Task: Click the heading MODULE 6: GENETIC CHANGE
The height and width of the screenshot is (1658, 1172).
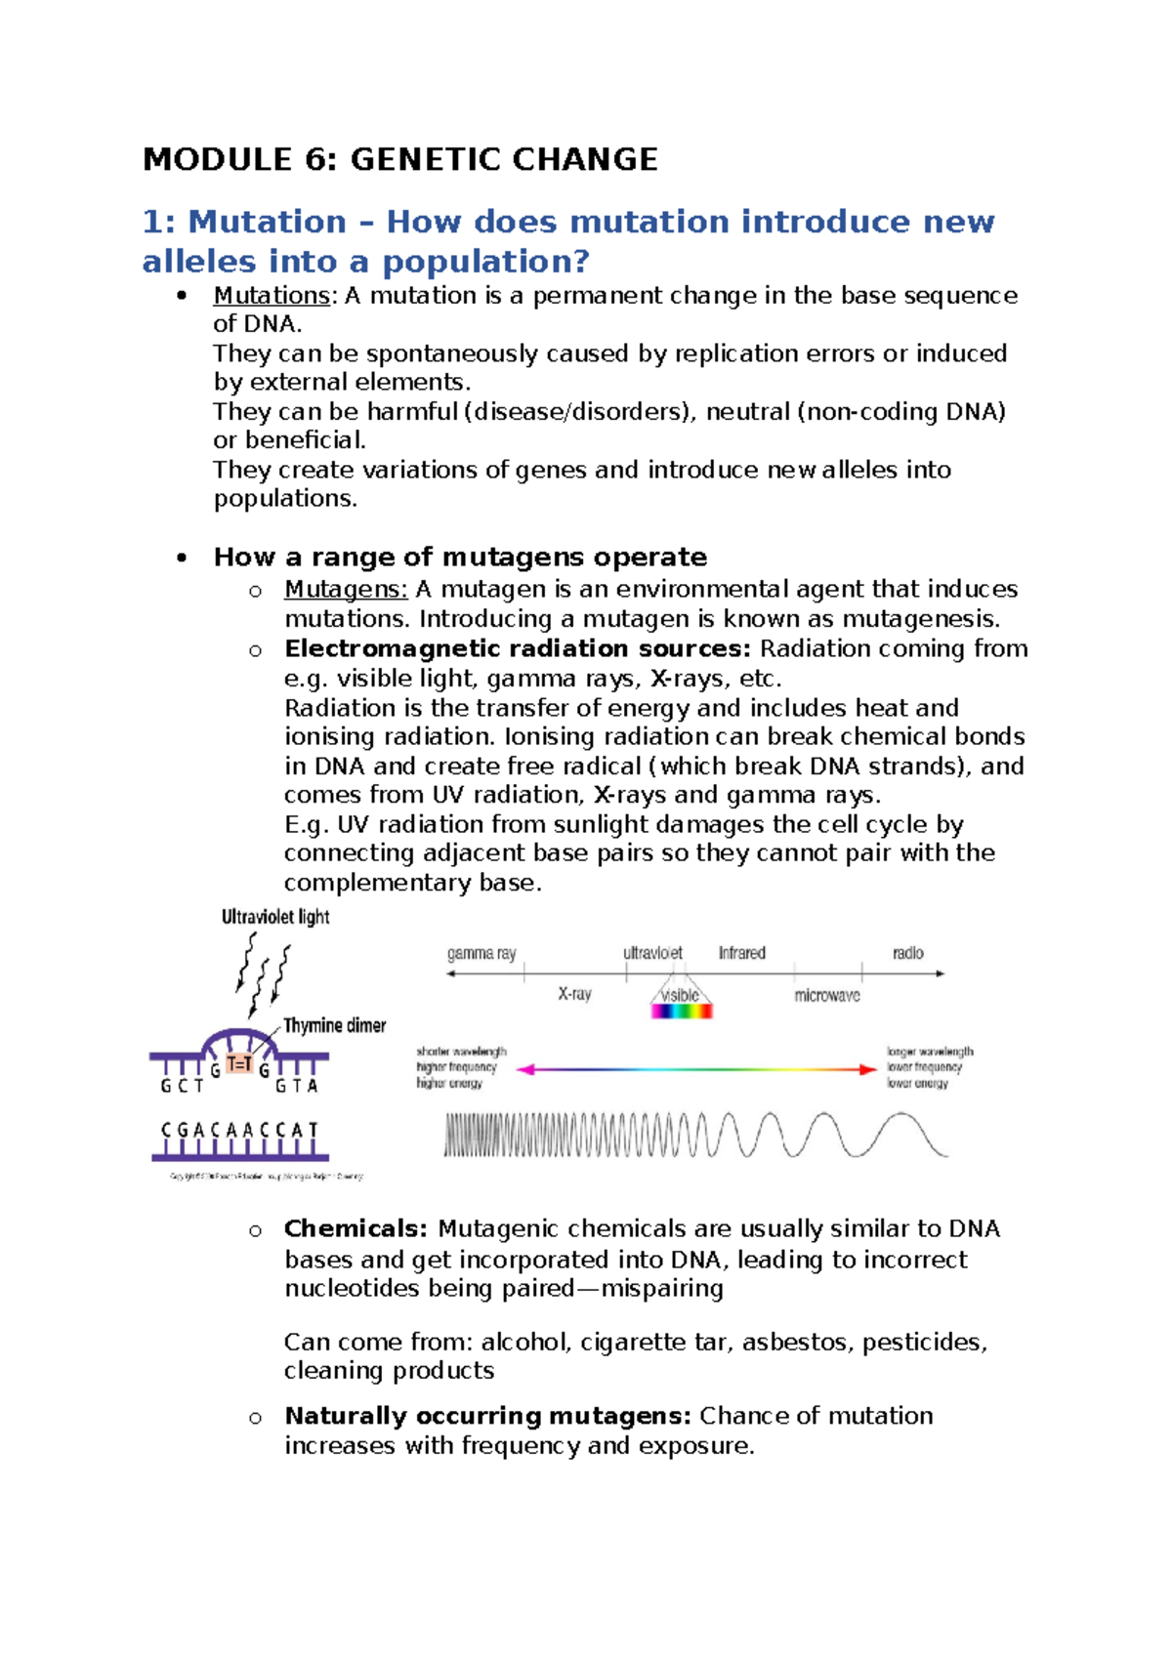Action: pyautogui.click(x=400, y=159)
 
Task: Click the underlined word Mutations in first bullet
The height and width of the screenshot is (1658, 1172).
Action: pyautogui.click(x=272, y=295)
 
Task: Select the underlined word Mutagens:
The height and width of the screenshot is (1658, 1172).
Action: pyautogui.click(x=346, y=589)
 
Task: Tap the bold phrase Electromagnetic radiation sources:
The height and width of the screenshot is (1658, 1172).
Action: pyautogui.click(x=518, y=648)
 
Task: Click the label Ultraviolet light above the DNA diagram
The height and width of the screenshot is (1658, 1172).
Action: pyautogui.click(x=275, y=917)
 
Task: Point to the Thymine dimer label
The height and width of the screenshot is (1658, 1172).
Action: pyautogui.click(x=334, y=1025)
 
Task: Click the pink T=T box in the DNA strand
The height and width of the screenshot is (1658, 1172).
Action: pyautogui.click(x=239, y=1064)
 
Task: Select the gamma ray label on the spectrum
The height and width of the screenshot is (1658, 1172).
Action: pyautogui.click(x=481, y=953)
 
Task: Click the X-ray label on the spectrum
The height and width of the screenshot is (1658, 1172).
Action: pyautogui.click(x=574, y=994)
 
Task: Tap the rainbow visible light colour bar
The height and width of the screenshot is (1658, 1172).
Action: pyautogui.click(x=682, y=1012)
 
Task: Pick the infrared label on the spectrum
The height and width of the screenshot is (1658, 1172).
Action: pyautogui.click(x=741, y=953)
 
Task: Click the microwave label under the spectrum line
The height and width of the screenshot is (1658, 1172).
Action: pyautogui.click(x=826, y=996)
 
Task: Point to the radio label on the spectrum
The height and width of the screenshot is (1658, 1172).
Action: pyautogui.click(x=907, y=953)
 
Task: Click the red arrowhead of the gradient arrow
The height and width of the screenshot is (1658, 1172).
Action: pyautogui.click(x=867, y=1069)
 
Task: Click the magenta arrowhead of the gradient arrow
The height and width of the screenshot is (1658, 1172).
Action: pyautogui.click(x=524, y=1069)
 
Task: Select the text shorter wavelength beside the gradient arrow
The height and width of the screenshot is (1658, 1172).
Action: pyautogui.click(x=461, y=1052)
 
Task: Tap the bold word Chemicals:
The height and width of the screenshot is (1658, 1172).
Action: pyautogui.click(x=356, y=1228)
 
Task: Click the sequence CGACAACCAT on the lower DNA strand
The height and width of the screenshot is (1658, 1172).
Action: pyautogui.click(x=240, y=1130)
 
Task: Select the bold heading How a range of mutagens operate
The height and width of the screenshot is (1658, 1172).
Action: pyautogui.click(x=460, y=557)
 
